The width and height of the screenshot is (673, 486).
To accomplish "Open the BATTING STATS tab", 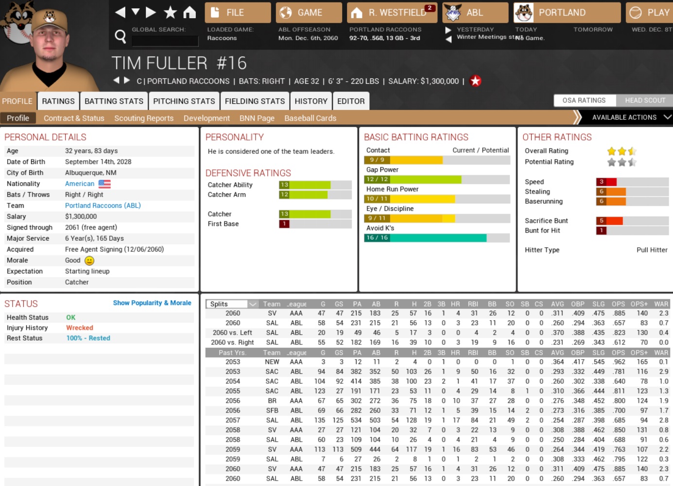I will [114, 101].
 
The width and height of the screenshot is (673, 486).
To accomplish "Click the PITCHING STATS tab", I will [184, 101].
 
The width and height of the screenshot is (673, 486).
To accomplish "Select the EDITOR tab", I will [350, 101].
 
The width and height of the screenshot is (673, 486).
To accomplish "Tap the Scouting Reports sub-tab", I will [143, 118].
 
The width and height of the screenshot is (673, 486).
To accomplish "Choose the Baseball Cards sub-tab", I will [310, 118].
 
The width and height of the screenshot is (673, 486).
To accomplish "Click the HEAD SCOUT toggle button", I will [644, 100].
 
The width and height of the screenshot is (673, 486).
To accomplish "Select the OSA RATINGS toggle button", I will [584, 100].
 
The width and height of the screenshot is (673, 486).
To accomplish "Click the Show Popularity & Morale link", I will [152, 303].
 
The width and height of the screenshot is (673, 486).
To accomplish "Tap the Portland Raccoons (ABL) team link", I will [103, 205].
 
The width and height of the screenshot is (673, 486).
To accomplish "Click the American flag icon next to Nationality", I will [104, 184].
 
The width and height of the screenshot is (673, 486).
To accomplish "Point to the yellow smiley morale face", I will [89, 261].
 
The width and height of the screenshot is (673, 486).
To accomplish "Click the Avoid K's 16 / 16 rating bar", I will [436, 238].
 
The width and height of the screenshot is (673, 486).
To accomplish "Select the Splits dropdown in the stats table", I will [233, 304].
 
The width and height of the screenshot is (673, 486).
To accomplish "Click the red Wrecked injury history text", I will [80, 328].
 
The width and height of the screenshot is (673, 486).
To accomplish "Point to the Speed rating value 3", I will [602, 182].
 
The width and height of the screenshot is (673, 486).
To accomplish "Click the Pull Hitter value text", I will [652, 250].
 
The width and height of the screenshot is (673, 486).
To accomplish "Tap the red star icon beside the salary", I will [475, 81].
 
